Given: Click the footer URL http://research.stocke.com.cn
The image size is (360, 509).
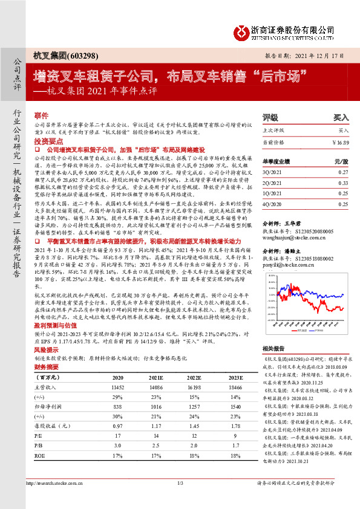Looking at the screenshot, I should (x=57, y=499).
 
